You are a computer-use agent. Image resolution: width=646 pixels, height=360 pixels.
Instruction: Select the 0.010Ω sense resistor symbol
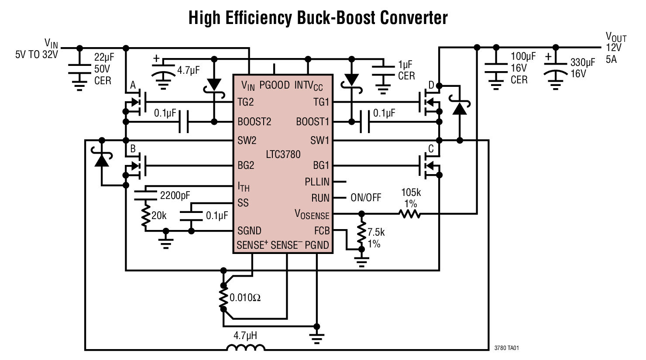[223, 298]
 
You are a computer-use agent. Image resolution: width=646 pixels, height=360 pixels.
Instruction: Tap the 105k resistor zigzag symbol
[409, 214]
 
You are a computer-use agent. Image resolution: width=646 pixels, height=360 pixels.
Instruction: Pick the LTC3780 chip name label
[283, 154]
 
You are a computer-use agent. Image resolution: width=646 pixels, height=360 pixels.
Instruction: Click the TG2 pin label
[245, 102]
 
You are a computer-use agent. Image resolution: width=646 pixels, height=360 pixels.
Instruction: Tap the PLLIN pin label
[317, 182]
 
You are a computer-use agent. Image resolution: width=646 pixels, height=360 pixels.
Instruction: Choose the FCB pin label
[322, 230]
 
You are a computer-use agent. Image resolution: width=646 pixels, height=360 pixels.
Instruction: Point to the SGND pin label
[249, 230]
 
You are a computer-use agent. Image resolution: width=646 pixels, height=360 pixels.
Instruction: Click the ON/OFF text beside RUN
[366, 198]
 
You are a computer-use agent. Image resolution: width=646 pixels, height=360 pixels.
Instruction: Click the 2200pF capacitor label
[175, 195]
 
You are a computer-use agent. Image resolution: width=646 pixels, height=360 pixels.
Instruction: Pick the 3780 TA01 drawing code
[506, 348]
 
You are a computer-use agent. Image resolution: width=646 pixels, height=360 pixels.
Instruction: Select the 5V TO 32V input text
[36, 55]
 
